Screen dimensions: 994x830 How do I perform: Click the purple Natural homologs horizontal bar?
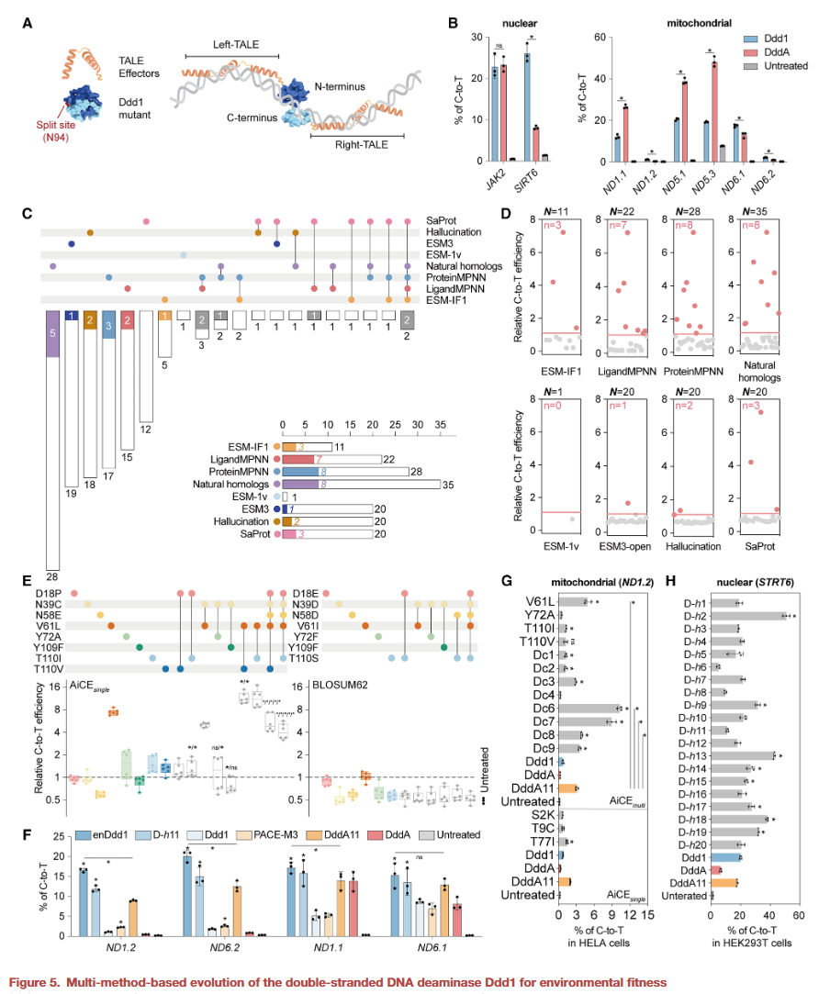point(299,484)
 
